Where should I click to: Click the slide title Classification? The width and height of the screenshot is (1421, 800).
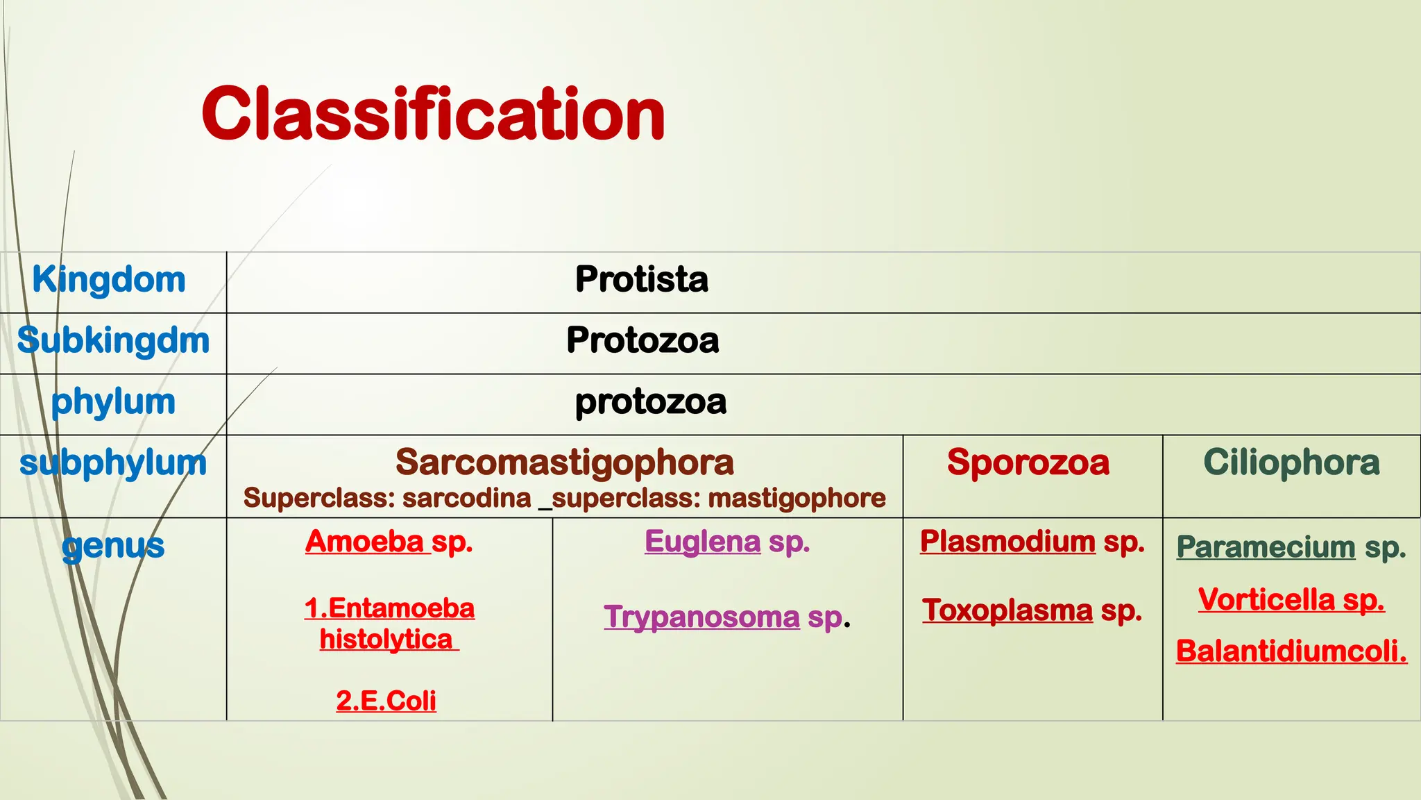(433, 114)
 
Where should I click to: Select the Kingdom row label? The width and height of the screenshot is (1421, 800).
(109, 280)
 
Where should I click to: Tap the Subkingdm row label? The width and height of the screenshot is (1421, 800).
(113, 341)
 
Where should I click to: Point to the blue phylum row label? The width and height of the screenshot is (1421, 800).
(113, 402)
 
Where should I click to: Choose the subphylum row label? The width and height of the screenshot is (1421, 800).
(113, 463)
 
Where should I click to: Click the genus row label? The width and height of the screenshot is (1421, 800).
(113, 546)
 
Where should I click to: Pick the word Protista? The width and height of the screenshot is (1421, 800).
(642, 280)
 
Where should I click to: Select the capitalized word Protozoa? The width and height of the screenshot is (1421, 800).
(643, 341)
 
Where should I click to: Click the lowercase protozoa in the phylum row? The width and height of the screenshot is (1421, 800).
(650, 402)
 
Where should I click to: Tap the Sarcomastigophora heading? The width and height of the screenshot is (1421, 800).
(564, 462)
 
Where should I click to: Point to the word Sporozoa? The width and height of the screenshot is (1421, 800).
(1028, 462)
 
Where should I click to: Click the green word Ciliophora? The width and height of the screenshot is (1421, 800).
(1291, 462)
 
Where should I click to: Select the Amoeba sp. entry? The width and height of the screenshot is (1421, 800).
(389, 542)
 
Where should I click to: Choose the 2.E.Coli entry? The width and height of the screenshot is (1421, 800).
(386, 701)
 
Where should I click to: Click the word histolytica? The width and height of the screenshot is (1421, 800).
(386, 639)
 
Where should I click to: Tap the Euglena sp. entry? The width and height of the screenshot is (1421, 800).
(727, 542)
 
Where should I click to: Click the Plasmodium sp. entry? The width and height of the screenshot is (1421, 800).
(1032, 542)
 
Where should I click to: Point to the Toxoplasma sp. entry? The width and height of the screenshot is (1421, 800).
(1032, 610)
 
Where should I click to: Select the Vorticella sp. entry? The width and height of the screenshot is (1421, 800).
(1291, 599)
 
